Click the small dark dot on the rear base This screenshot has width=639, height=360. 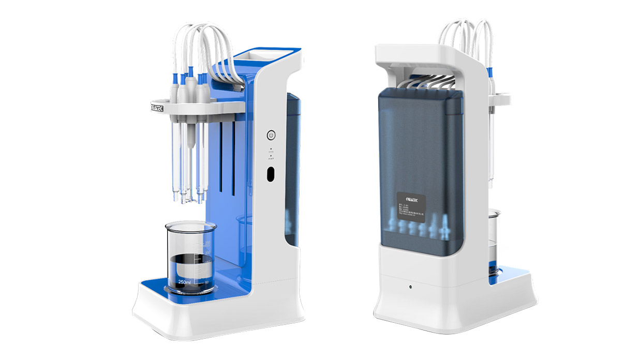pos(409,286)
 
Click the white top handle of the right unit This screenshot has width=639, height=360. pos(429,54)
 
